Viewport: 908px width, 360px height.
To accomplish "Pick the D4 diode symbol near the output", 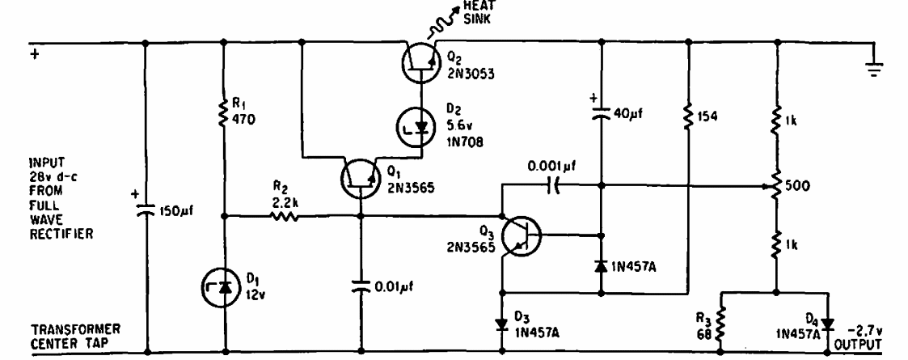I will click(828, 324).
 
